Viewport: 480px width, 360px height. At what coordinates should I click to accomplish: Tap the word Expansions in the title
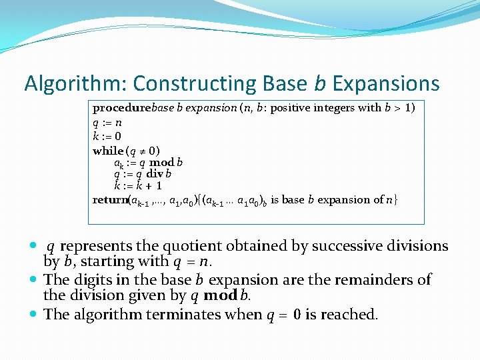(x=386, y=83)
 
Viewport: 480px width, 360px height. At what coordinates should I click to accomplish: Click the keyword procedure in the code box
(x=122, y=107)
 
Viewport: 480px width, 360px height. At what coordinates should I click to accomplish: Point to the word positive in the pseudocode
(x=291, y=107)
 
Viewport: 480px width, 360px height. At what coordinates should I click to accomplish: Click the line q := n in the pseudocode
(x=107, y=123)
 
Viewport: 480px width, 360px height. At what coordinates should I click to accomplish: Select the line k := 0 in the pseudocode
(x=107, y=137)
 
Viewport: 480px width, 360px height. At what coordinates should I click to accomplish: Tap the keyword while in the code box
(x=108, y=151)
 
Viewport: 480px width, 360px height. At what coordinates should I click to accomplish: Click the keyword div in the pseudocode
(x=155, y=174)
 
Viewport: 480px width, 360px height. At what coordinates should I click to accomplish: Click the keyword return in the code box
(x=109, y=199)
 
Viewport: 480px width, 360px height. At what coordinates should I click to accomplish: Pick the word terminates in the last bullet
(x=195, y=314)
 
